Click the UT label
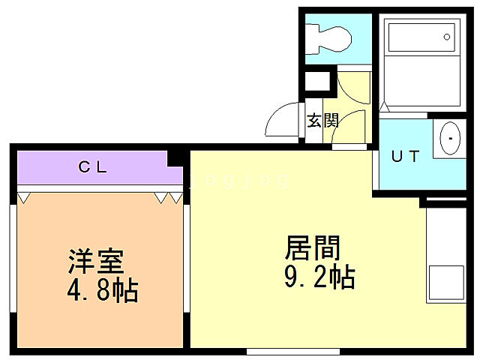click(405, 157)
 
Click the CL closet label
click(93, 167)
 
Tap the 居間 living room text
click(312, 248)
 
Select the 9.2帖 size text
click(318, 279)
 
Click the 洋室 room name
click(94, 263)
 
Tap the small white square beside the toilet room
click(316, 81)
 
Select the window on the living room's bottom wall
click(292, 351)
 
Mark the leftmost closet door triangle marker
click(24, 197)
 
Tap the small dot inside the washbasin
click(451, 139)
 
